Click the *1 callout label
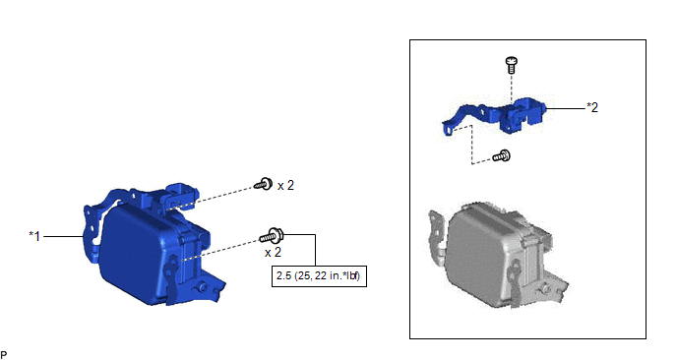(34, 236)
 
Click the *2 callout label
(592, 107)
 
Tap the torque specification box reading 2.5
(319, 275)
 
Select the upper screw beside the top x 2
(263, 184)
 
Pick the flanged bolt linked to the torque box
(272, 236)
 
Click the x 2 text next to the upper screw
(285, 186)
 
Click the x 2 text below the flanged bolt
(273, 252)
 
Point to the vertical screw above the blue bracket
(512, 65)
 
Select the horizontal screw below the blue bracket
(502, 155)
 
